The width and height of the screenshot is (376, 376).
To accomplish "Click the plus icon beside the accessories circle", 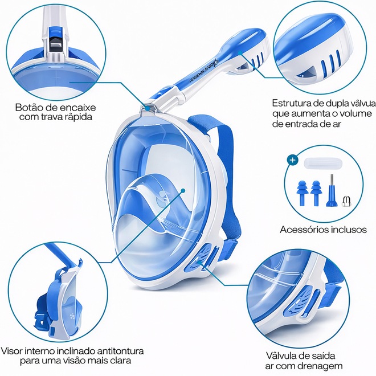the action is pyautogui.click(x=293, y=160).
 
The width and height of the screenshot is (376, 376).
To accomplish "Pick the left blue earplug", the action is pyautogui.click(x=303, y=193).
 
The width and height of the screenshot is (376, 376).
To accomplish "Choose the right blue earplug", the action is pyautogui.click(x=316, y=193).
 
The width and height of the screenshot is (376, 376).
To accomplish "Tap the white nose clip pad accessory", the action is pyautogui.click(x=323, y=164).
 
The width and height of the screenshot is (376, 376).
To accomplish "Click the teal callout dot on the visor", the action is pyautogui.click(x=183, y=191).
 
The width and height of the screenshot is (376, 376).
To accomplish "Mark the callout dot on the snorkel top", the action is pyautogui.click(x=240, y=52).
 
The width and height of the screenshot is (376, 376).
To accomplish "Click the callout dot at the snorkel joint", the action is pyautogui.click(x=147, y=108).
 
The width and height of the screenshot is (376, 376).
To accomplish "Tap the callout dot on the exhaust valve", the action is pyautogui.click(x=199, y=262).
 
